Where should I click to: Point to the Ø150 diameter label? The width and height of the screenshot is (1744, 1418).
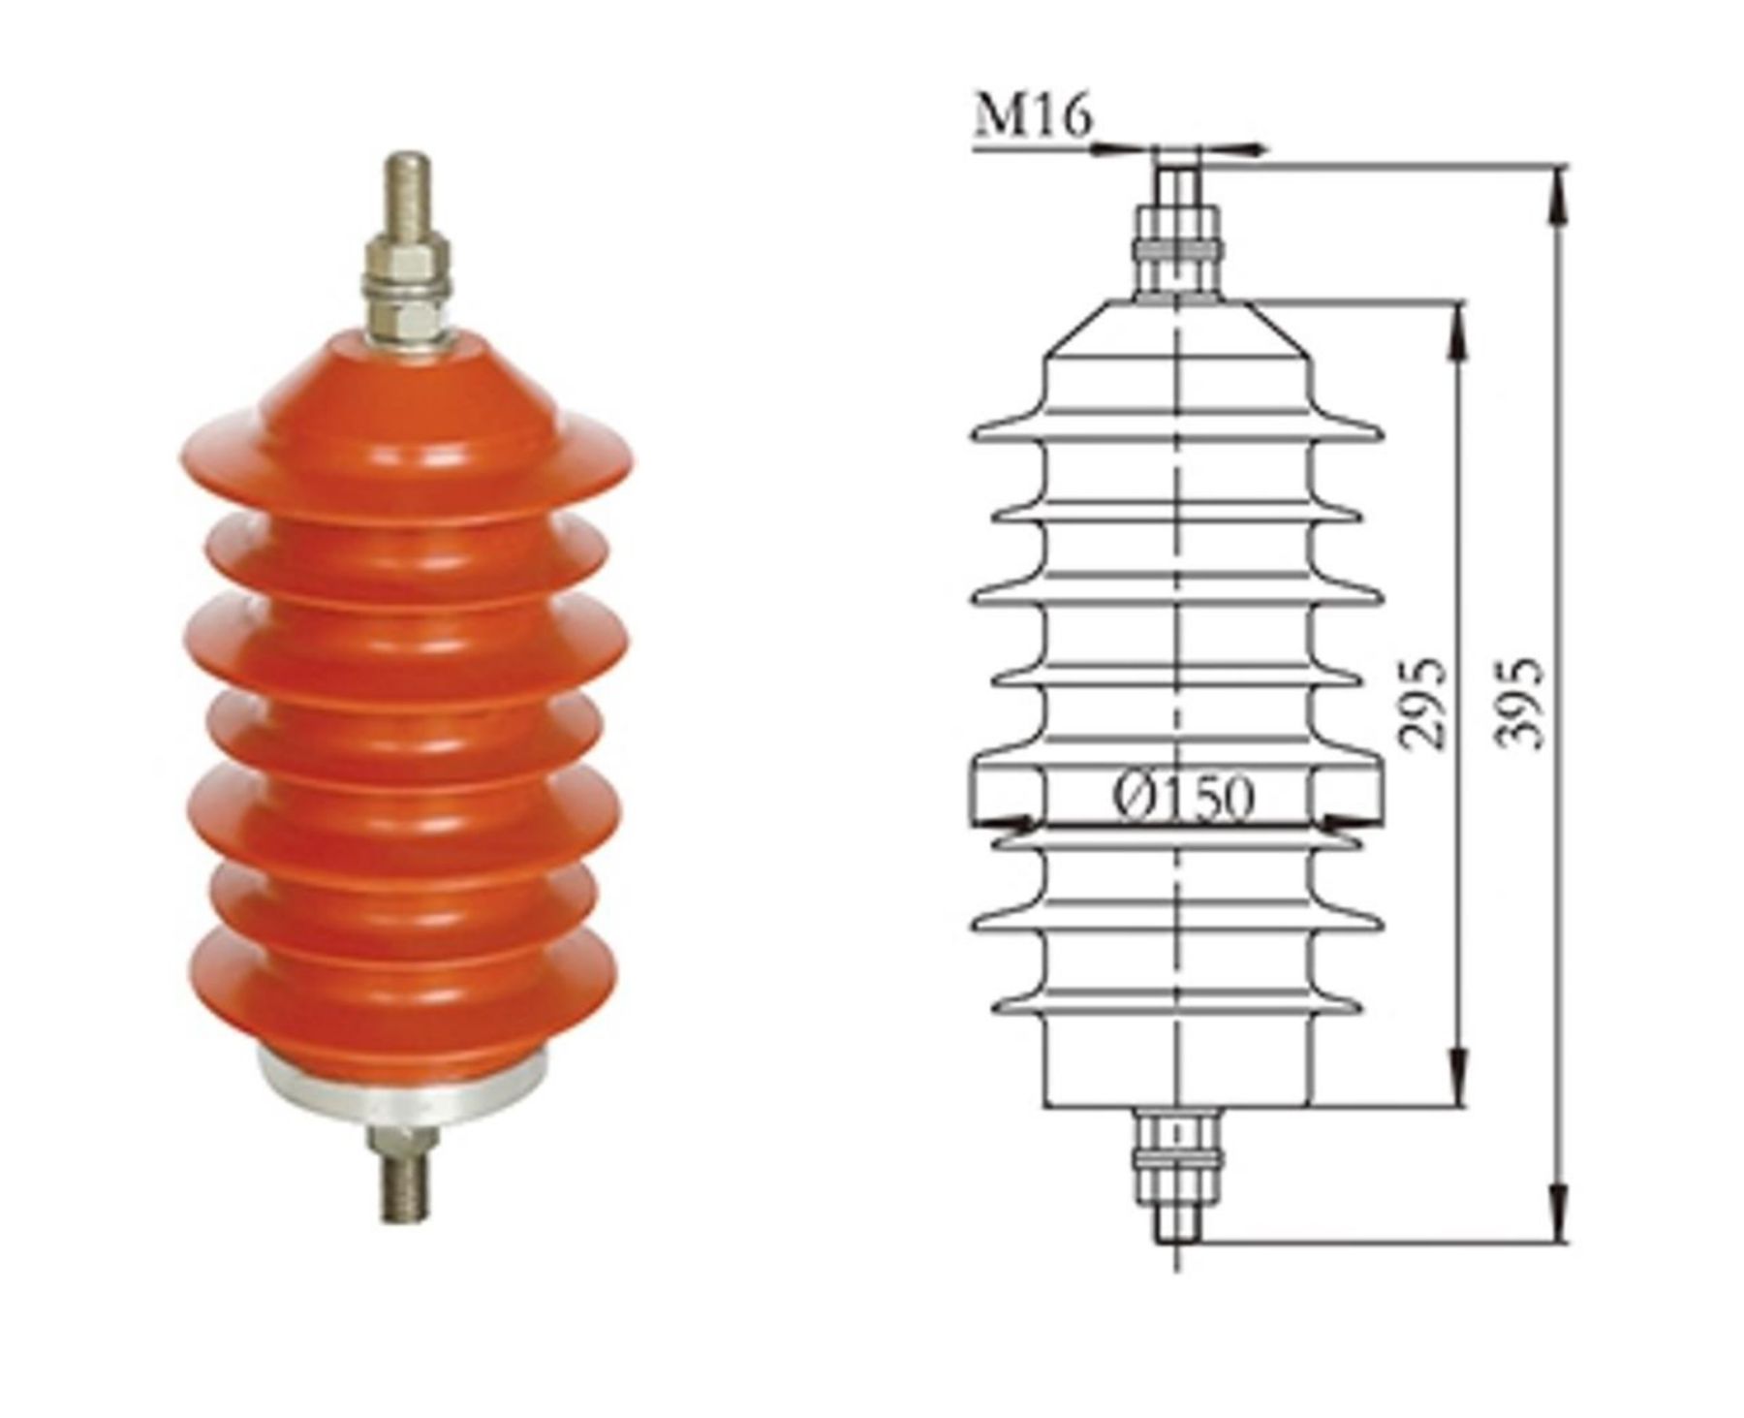click(1183, 796)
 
